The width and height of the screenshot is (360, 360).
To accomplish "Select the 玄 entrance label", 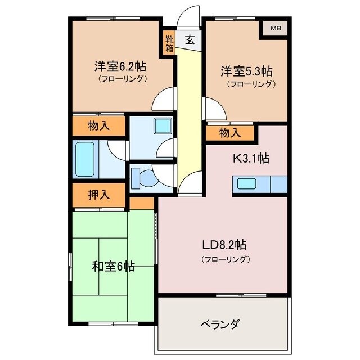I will (190, 40).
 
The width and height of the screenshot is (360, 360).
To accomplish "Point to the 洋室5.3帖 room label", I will (246, 71).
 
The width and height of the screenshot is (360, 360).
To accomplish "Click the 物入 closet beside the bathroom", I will (98, 126).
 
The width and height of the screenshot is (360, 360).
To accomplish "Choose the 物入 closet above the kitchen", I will (229, 133).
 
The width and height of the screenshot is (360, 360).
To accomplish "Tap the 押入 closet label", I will (98, 195).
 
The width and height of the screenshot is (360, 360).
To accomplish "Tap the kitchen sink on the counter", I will (247, 183).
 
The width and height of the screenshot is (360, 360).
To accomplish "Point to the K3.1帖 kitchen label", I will (251, 159).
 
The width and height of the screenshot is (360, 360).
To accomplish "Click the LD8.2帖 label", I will (224, 245).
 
